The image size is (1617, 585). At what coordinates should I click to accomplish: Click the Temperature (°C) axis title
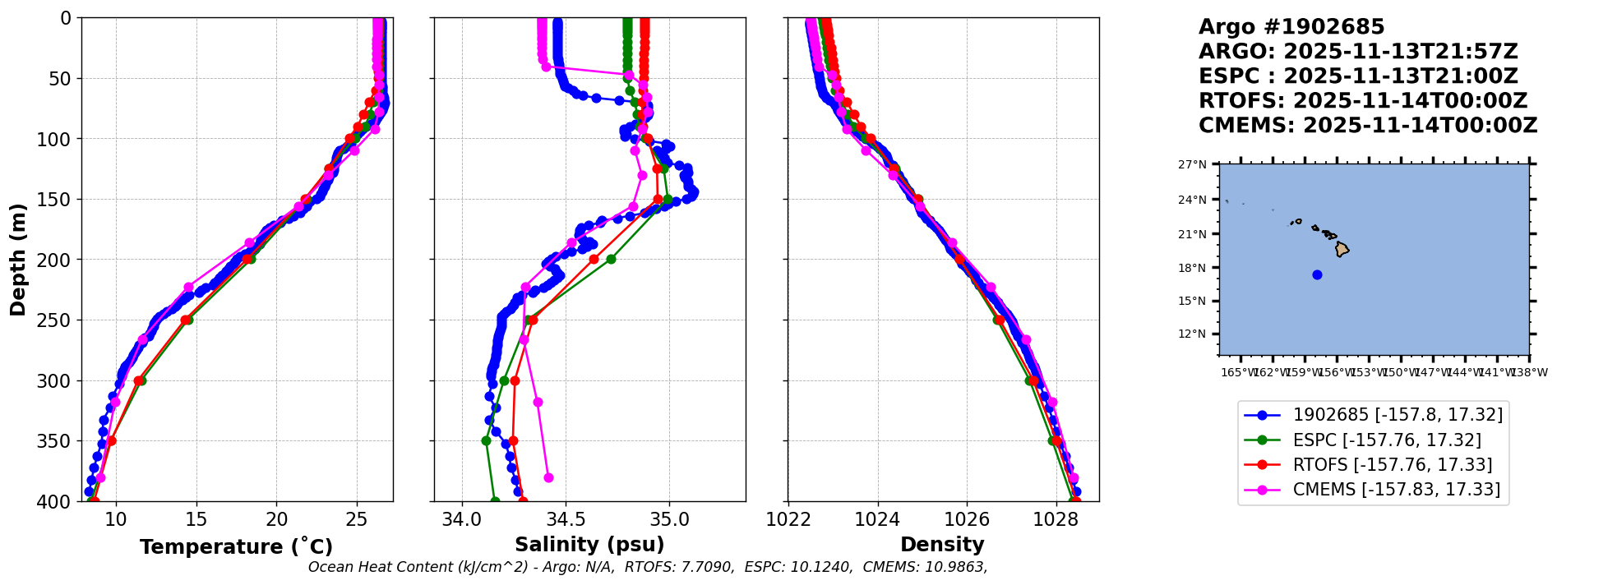pos(236,547)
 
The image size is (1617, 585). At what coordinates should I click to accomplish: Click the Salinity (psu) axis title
pos(589,545)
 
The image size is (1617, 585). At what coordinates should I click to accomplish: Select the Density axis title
pos(942,545)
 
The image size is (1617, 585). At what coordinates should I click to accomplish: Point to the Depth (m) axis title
pos(18,260)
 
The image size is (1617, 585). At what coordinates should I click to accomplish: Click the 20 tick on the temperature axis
pos(277,519)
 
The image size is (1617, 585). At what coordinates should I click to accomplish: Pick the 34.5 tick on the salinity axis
pos(566,519)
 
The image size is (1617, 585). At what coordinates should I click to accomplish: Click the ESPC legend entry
pos(1386,440)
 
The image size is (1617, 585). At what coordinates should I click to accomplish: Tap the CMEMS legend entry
pos(1396,490)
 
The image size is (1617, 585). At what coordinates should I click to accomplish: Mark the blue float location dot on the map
pos(1317,274)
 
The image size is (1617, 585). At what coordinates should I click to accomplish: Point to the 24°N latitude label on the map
pos(1194,200)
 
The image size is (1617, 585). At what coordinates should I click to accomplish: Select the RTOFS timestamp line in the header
pos(1362,101)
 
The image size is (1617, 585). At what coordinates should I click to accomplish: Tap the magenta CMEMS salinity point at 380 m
pos(548,477)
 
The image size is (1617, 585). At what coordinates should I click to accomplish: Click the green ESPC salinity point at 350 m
pos(486,440)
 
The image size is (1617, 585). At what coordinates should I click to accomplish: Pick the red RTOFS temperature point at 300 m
pos(138,380)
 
